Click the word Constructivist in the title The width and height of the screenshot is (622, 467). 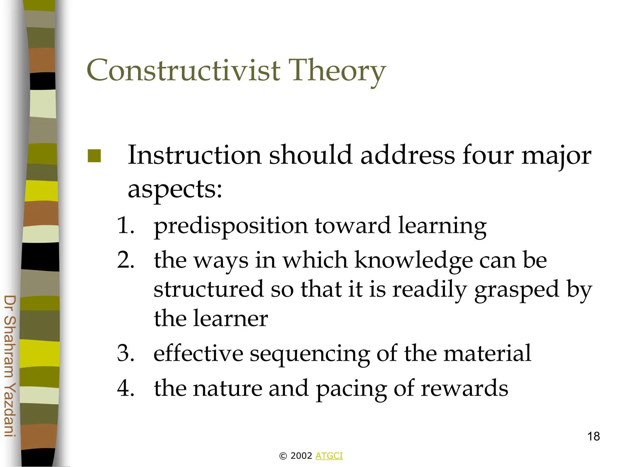(x=183, y=71)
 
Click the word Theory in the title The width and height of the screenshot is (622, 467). (x=337, y=72)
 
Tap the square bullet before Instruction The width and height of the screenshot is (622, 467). (x=94, y=156)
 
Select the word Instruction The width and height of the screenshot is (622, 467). (x=194, y=155)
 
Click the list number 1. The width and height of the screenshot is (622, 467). (x=125, y=226)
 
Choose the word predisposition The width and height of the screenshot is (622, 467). (x=231, y=227)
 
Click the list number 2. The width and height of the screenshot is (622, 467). (x=125, y=260)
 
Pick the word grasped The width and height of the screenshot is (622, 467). (x=517, y=290)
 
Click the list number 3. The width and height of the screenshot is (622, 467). (x=125, y=354)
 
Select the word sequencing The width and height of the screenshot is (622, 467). (x=309, y=354)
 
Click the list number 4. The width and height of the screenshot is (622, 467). (x=125, y=388)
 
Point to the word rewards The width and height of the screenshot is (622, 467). (x=464, y=389)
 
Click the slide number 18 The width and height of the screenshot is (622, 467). (x=593, y=437)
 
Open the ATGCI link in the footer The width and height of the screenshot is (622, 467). (x=329, y=456)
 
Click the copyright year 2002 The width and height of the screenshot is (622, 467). (x=301, y=456)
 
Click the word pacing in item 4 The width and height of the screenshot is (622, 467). (x=351, y=389)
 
